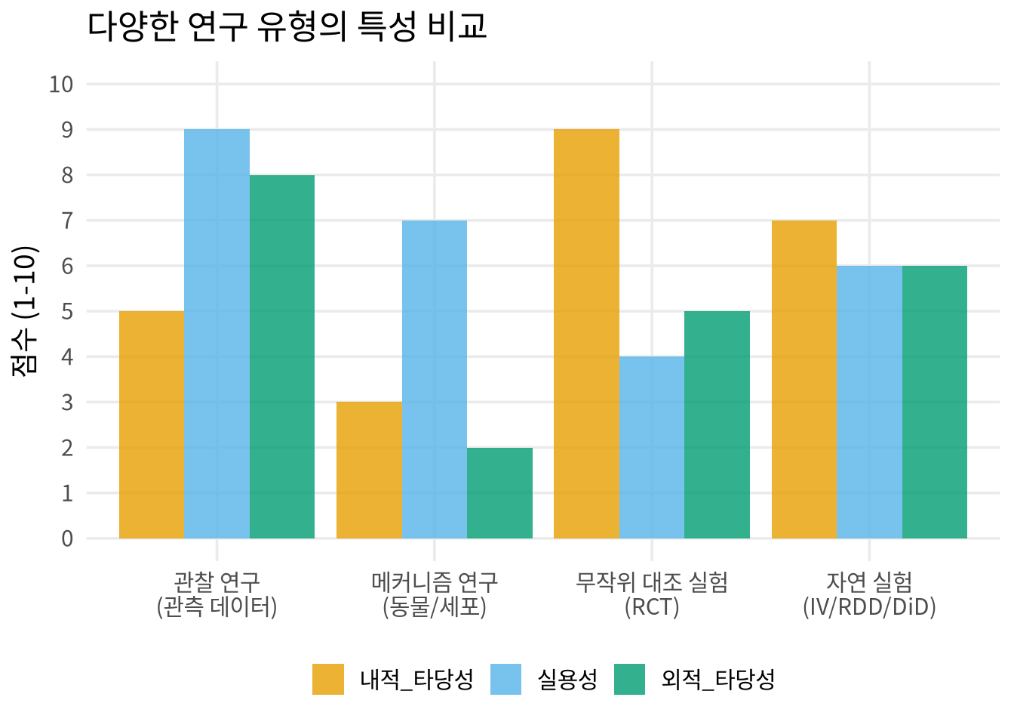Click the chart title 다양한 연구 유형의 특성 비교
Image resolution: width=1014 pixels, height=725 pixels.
pyautogui.click(x=287, y=26)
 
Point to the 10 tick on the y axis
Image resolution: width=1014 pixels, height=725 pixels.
pyautogui.click(x=61, y=85)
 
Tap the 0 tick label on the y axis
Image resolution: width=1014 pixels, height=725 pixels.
pyautogui.click(x=67, y=538)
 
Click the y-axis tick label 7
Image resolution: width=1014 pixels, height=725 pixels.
pyautogui.click(x=67, y=221)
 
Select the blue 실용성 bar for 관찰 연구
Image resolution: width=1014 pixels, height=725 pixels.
pyautogui.click(x=217, y=334)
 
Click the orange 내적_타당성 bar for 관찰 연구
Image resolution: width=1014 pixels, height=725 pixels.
pyautogui.click(x=152, y=424)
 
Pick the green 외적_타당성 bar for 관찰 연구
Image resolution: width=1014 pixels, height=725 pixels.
pyautogui.click(x=282, y=356)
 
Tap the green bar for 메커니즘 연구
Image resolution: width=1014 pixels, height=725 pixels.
pyautogui.click(x=499, y=493)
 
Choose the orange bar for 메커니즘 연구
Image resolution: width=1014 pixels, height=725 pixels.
pyautogui.click(x=370, y=470)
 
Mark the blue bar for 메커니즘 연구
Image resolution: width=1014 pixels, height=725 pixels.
pyautogui.click(x=435, y=379)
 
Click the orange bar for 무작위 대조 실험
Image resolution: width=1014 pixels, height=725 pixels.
pyautogui.click(x=587, y=334)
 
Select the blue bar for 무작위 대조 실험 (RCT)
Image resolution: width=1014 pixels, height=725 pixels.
pyautogui.click(x=652, y=447)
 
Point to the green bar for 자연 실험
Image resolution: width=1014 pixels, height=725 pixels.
pyautogui.click(x=935, y=402)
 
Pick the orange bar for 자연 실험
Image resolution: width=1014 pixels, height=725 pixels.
pyautogui.click(x=804, y=379)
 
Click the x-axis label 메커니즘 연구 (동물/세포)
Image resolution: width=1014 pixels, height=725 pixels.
pyautogui.click(x=435, y=594)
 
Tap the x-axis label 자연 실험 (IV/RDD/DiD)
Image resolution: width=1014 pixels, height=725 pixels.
pyautogui.click(x=870, y=594)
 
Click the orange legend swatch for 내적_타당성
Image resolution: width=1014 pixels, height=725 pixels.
pyautogui.click(x=328, y=679)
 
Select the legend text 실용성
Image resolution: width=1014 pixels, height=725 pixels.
pyautogui.click(x=567, y=679)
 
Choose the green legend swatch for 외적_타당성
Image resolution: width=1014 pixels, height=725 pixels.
pyautogui.click(x=630, y=679)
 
